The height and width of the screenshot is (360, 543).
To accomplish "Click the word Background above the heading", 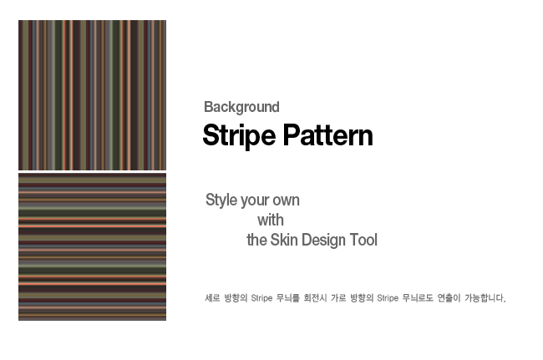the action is [x=241, y=107].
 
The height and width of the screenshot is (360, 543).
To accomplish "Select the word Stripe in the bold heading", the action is [x=239, y=135].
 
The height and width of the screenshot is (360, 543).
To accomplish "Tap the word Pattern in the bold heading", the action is [x=328, y=135].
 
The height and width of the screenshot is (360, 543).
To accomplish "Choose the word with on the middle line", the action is [x=271, y=221].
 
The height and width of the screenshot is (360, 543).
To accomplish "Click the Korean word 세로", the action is [x=212, y=297].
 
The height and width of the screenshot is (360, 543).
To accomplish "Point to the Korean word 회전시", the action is [x=315, y=297].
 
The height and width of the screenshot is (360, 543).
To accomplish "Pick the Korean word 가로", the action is [x=338, y=297].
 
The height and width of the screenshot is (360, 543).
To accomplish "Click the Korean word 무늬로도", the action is [x=418, y=297].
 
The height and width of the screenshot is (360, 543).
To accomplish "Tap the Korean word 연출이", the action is [x=449, y=297].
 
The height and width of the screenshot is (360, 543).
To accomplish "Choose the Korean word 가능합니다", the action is [x=485, y=297].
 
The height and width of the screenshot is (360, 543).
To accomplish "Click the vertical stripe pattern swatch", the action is [x=92, y=95].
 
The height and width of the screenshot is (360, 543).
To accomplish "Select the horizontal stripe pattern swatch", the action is [x=92, y=246].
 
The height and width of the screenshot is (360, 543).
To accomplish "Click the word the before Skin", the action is [x=256, y=240].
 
